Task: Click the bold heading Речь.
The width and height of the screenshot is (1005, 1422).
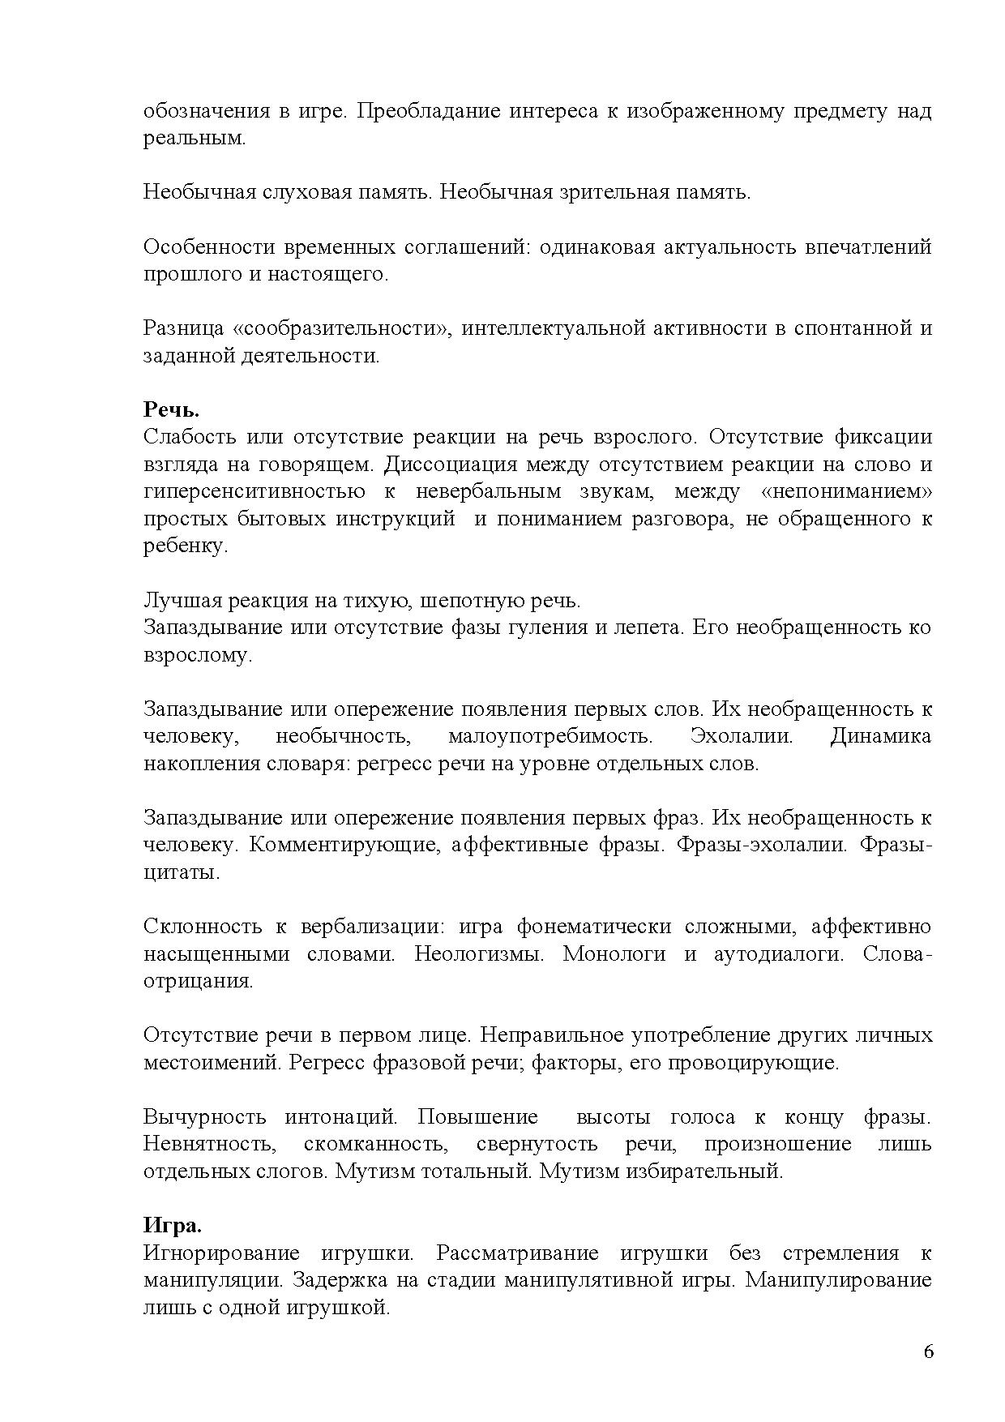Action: [171, 409]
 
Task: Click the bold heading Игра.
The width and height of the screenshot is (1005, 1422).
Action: [173, 1225]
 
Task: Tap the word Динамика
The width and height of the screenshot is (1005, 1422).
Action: [880, 737]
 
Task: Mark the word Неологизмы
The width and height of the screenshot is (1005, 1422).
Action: [478, 954]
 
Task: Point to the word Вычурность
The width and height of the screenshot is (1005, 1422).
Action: [204, 1117]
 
